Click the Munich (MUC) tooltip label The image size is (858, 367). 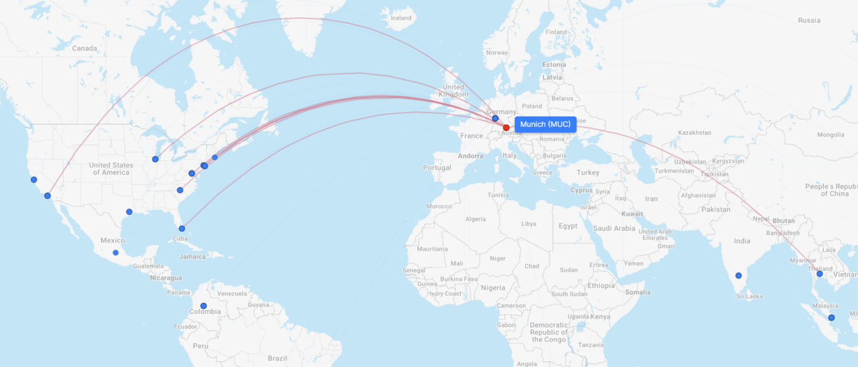pyautogui.click(x=545, y=124)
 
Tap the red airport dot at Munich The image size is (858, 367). pyautogui.click(x=506, y=127)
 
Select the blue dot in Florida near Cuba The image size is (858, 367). pyautogui.click(x=182, y=228)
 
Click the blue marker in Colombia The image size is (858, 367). pyautogui.click(x=203, y=306)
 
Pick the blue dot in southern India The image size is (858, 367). pyautogui.click(x=738, y=275)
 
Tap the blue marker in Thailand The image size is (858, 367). pyautogui.click(x=819, y=274)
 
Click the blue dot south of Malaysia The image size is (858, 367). pyautogui.click(x=831, y=317)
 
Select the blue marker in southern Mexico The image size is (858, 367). pyautogui.click(x=116, y=252)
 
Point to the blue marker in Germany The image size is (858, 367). pyautogui.click(x=495, y=118)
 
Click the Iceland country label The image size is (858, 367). pyautogui.click(x=401, y=18)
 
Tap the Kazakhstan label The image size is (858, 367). pyautogui.click(x=694, y=133)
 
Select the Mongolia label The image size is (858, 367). pyautogui.click(x=830, y=135)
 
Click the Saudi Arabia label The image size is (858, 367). pyautogui.click(x=614, y=228)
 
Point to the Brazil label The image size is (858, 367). pyautogui.click(x=277, y=358)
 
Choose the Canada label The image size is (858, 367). pyautogui.click(x=84, y=48)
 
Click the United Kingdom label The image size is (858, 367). pyautogui.click(x=453, y=90)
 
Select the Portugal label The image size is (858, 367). pyautogui.click(x=437, y=168)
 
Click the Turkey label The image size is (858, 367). pyautogui.click(x=588, y=173)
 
